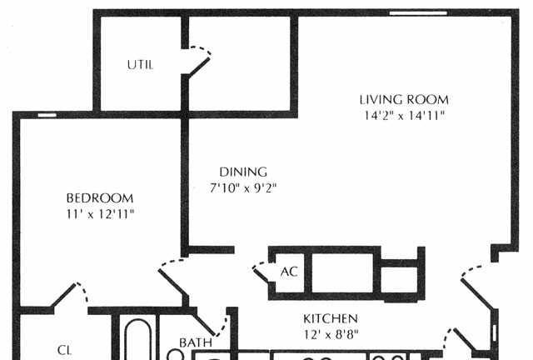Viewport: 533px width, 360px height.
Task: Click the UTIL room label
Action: click(x=140, y=65)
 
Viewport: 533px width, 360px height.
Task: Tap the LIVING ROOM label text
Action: click(x=404, y=100)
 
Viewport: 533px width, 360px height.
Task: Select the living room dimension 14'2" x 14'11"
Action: click(x=404, y=116)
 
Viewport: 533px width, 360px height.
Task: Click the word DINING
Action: click(x=243, y=172)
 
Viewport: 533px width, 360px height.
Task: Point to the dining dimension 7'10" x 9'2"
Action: click(x=243, y=187)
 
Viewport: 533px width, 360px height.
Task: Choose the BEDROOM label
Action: click(x=100, y=198)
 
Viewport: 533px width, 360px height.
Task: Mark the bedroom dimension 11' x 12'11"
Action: click(x=100, y=214)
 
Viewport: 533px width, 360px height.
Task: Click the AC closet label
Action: click(x=289, y=272)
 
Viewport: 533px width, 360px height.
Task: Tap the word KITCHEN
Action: click(x=331, y=319)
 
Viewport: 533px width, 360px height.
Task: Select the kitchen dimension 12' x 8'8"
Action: click(x=331, y=335)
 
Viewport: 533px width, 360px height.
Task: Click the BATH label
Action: click(x=196, y=342)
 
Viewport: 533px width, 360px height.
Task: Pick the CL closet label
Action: click(x=64, y=350)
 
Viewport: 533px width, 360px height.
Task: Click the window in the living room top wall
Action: click(x=418, y=13)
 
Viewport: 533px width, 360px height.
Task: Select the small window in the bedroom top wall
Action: click(x=47, y=115)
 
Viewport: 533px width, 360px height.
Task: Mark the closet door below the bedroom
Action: click(x=69, y=295)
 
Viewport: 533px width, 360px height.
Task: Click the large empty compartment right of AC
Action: click(x=342, y=272)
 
